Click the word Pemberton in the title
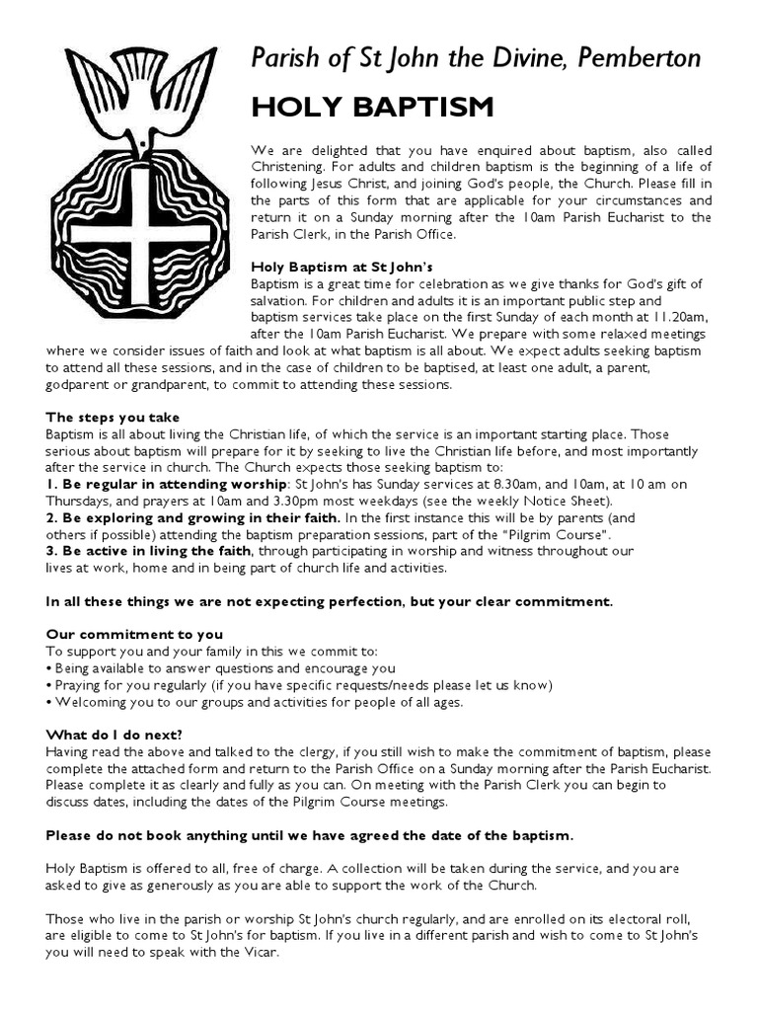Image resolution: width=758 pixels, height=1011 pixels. (x=644, y=59)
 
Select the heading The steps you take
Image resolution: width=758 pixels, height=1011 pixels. (x=113, y=417)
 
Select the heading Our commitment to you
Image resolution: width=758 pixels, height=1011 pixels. (x=134, y=634)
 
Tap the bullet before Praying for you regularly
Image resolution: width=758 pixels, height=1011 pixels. (x=49, y=685)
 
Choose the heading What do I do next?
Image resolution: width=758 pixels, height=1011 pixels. (x=114, y=735)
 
